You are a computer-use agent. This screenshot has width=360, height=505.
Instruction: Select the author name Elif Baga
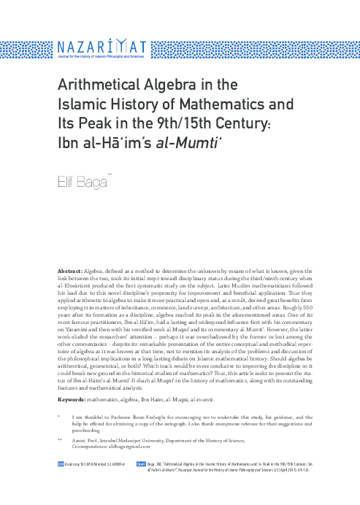(81, 180)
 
